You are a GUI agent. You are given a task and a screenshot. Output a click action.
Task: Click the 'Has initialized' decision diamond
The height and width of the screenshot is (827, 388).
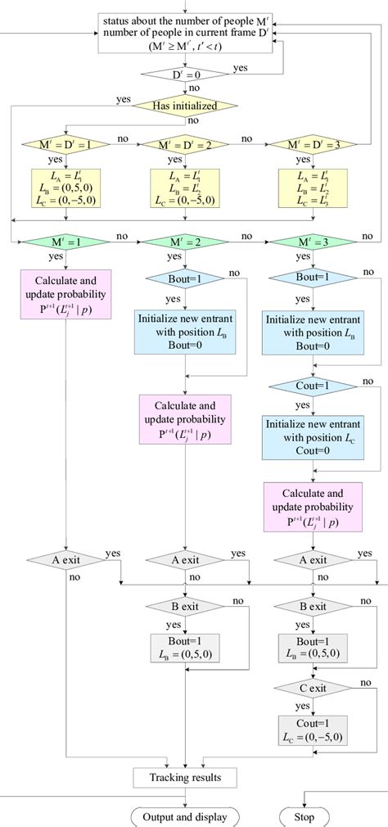click(186, 105)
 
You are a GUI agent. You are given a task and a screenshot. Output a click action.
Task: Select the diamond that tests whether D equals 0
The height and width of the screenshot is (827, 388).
click(186, 75)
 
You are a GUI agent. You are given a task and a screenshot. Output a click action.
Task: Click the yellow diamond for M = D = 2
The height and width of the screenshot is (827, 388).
click(186, 146)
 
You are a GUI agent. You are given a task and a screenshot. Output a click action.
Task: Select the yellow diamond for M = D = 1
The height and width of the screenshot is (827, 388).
click(57, 146)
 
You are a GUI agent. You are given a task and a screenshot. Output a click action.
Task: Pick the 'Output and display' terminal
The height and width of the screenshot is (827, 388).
click(185, 816)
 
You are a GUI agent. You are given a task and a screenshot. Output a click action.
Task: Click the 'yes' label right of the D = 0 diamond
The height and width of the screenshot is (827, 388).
click(241, 68)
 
